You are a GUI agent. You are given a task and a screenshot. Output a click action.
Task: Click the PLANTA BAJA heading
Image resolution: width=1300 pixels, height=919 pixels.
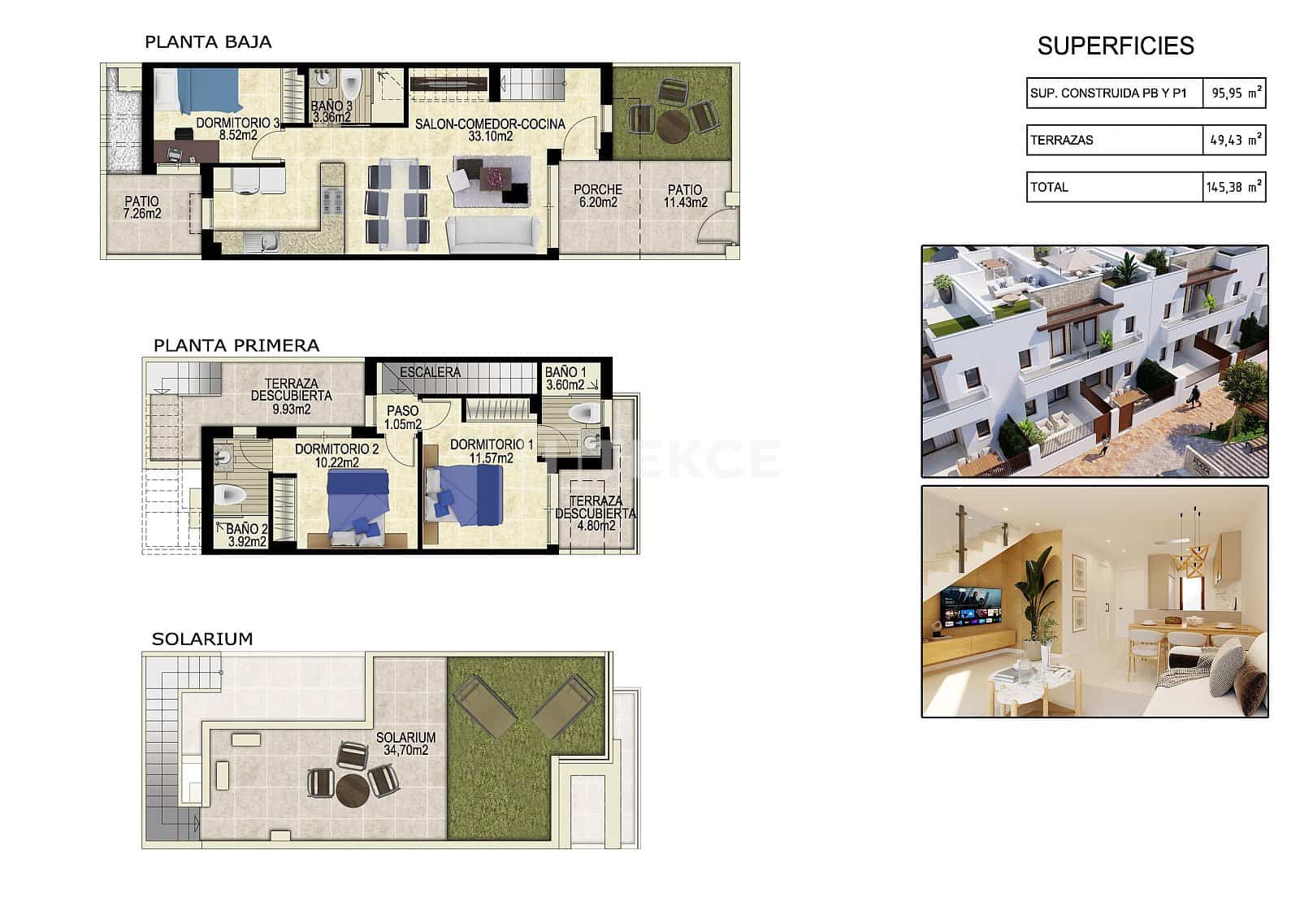pyautogui.click(x=208, y=42)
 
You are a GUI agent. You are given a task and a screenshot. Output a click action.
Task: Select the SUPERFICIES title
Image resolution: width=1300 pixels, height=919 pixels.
pyautogui.click(x=1115, y=46)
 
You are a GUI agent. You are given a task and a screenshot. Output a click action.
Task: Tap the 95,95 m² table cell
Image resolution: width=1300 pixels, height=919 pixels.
pyautogui.click(x=1234, y=93)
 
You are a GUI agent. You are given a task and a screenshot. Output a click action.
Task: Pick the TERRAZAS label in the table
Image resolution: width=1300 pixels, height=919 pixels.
pyautogui.click(x=1061, y=140)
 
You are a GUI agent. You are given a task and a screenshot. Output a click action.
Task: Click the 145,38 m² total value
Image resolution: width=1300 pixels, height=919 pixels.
pyautogui.click(x=1233, y=187)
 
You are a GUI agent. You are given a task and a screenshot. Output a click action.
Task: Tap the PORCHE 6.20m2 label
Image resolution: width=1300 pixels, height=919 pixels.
pyautogui.click(x=597, y=196)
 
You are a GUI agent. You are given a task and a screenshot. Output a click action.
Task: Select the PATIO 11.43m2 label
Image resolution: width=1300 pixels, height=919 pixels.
pyautogui.click(x=685, y=196)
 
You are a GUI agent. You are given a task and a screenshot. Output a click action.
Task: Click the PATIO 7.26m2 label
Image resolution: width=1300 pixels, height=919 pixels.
pyautogui.click(x=142, y=207)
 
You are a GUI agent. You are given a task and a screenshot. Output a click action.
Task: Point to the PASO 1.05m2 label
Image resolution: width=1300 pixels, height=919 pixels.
pyautogui.click(x=402, y=418)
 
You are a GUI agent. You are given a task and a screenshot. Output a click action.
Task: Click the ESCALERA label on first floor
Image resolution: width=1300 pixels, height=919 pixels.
pyautogui.click(x=430, y=372)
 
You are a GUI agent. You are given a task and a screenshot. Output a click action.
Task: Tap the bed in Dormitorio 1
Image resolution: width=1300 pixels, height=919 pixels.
pyautogui.click(x=470, y=495)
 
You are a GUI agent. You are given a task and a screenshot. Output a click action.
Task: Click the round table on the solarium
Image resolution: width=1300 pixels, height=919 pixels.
pyautogui.click(x=353, y=788)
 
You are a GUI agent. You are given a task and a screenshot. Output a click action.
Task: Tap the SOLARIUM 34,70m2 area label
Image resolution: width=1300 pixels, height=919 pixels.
pyautogui.click(x=405, y=743)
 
